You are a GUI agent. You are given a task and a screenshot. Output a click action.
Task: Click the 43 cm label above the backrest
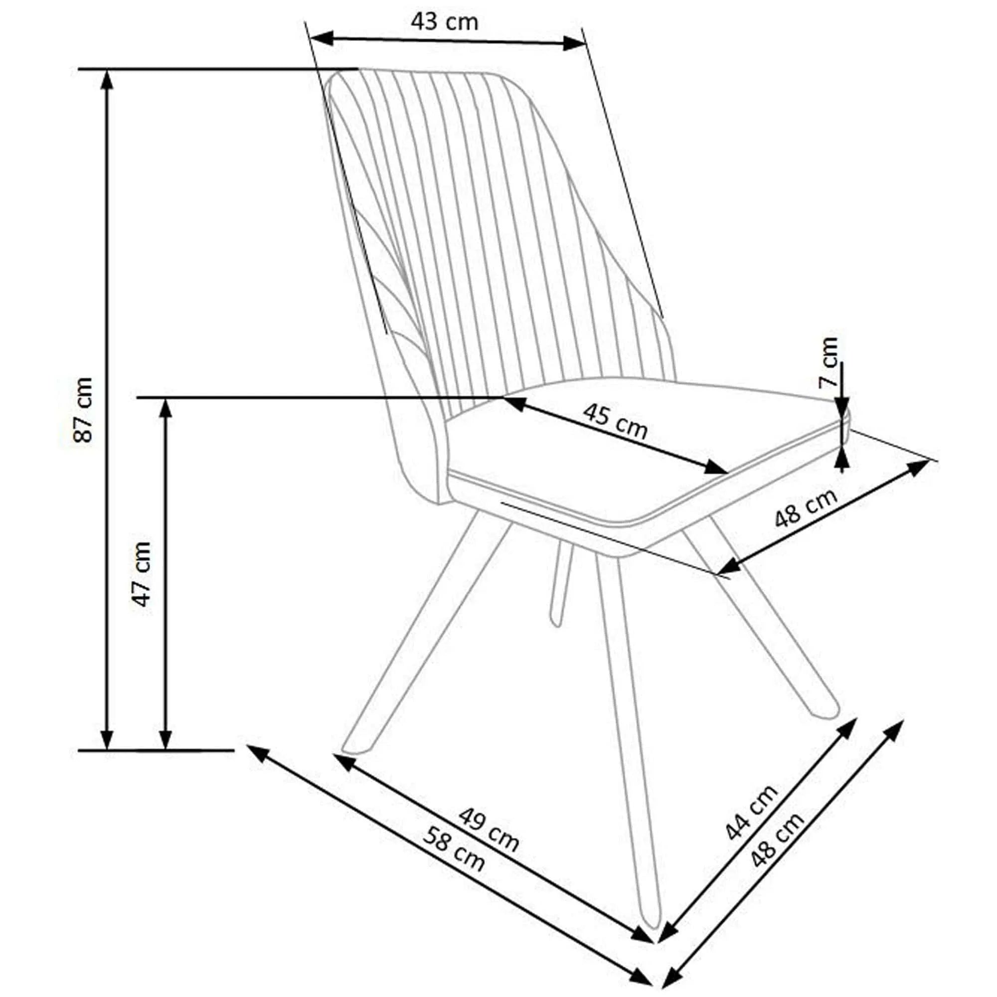tap(445, 21)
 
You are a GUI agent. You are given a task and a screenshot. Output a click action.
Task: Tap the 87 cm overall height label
tap(83, 410)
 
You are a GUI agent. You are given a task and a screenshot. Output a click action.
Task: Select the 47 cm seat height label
tap(142, 573)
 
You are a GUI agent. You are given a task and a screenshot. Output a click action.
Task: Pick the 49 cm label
tap(489, 830)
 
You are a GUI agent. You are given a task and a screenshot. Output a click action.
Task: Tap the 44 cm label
tap(751, 812)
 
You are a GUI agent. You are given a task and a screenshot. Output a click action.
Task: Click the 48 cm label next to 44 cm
tap(777, 839)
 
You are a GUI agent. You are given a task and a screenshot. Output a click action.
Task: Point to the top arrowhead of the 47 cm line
tap(165, 408)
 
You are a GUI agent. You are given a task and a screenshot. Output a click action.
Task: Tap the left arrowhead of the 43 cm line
tap(320, 36)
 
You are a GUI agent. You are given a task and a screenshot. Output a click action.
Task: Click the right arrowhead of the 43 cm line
tap(573, 44)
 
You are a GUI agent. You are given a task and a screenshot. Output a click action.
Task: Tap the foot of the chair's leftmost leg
tap(356, 750)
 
